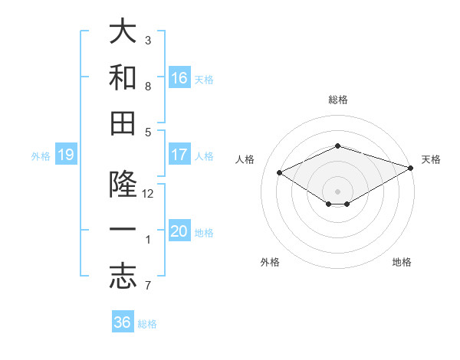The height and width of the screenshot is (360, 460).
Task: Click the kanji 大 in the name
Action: click(x=123, y=33)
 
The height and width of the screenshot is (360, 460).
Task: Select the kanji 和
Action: click(x=123, y=77)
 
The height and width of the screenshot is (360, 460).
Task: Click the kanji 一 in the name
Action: click(x=123, y=231)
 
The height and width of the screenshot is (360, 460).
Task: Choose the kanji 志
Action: click(x=123, y=275)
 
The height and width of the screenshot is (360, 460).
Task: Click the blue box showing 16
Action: click(x=179, y=77)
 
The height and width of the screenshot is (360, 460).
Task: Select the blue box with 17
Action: click(x=179, y=154)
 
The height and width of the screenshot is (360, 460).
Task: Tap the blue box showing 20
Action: click(x=179, y=231)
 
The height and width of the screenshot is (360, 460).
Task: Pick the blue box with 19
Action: click(x=65, y=155)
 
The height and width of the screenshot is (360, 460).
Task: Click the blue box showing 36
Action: click(x=123, y=322)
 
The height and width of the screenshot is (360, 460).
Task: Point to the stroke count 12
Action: click(x=148, y=194)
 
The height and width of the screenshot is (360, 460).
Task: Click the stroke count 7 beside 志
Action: click(x=148, y=286)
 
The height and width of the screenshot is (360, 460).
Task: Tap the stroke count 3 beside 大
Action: click(x=148, y=40)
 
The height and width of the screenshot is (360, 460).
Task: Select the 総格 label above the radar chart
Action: click(x=337, y=100)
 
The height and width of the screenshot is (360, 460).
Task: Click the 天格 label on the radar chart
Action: click(x=431, y=159)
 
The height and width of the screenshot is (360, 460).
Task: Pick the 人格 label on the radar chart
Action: click(x=245, y=159)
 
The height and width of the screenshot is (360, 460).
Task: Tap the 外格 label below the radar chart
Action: click(x=270, y=262)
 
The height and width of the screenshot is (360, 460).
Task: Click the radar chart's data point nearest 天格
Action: click(x=412, y=168)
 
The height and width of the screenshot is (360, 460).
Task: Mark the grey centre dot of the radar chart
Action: click(x=337, y=190)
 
